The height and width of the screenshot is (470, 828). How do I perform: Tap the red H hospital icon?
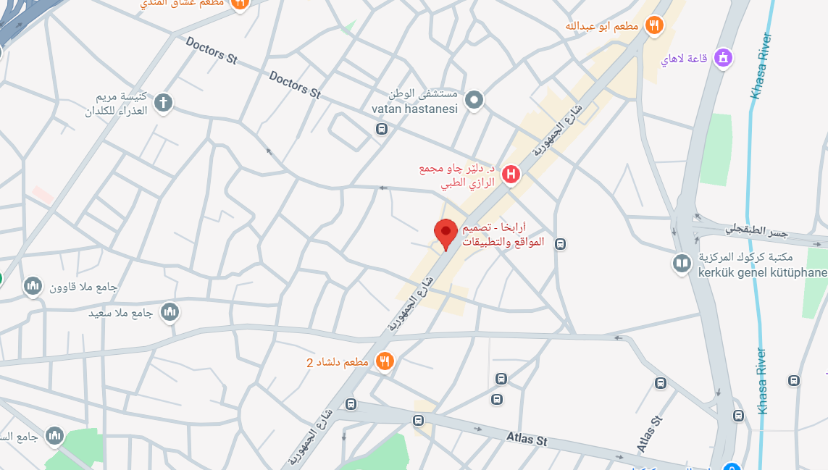click(511, 175)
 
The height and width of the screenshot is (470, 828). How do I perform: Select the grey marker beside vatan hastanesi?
click(474, 100)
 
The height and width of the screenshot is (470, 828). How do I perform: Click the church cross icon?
click(164, 103)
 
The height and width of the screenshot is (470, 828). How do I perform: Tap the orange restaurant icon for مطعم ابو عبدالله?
click(655, 26)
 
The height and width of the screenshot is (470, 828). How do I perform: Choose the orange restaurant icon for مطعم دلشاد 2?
click(385, 361)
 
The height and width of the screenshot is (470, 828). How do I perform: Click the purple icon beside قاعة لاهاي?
click(722, 58)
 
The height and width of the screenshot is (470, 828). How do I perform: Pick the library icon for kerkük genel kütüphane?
click(681, 264)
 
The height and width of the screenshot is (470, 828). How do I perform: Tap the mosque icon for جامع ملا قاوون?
click(33, 287)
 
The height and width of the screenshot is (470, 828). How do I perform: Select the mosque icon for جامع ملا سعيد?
click(170, 313)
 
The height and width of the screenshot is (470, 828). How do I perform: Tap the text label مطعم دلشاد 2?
click(339, 361)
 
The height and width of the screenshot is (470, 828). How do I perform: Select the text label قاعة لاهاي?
click(684, 59)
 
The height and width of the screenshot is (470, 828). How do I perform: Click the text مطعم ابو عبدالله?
click(602, 27)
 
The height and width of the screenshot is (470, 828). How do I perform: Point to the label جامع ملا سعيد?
click(120, 314)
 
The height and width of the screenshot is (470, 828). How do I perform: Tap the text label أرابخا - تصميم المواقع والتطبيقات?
click(503, 235)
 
